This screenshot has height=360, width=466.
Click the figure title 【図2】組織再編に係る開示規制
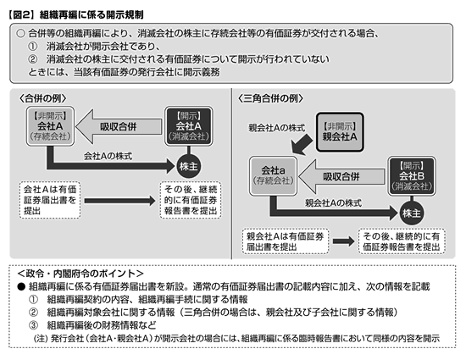(76, 14)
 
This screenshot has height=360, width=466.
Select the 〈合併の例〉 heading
(42, 98)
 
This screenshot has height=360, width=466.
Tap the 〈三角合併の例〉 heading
(270, 98)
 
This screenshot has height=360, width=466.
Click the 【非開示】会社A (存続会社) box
(50, 126)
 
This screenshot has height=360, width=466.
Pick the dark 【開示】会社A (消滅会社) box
(189, 126)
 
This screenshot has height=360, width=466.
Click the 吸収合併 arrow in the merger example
(119, 126)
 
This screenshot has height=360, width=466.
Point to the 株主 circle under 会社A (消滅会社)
(188, 166)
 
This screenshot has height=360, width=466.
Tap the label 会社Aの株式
(108, 156)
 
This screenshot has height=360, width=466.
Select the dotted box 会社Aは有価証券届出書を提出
(50, 200)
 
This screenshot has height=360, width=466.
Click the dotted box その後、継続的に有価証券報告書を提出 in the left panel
(191, 200)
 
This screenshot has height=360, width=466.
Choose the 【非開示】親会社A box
(340, 132)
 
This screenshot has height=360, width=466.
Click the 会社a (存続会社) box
(273, 176)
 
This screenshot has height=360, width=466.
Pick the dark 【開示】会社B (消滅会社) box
(412, 176)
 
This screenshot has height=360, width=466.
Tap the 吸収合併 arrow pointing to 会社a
(341, 176)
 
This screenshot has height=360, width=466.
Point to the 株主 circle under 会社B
(412, 213)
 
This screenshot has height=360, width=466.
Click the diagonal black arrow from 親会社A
(302, 144)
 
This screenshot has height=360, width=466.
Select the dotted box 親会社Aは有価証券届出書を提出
(286, 241)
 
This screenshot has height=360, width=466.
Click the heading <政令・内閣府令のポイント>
(80, 274)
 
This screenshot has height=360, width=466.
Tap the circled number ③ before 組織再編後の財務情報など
(33, 325)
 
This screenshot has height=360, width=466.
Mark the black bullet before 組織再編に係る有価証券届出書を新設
(21, 286)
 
